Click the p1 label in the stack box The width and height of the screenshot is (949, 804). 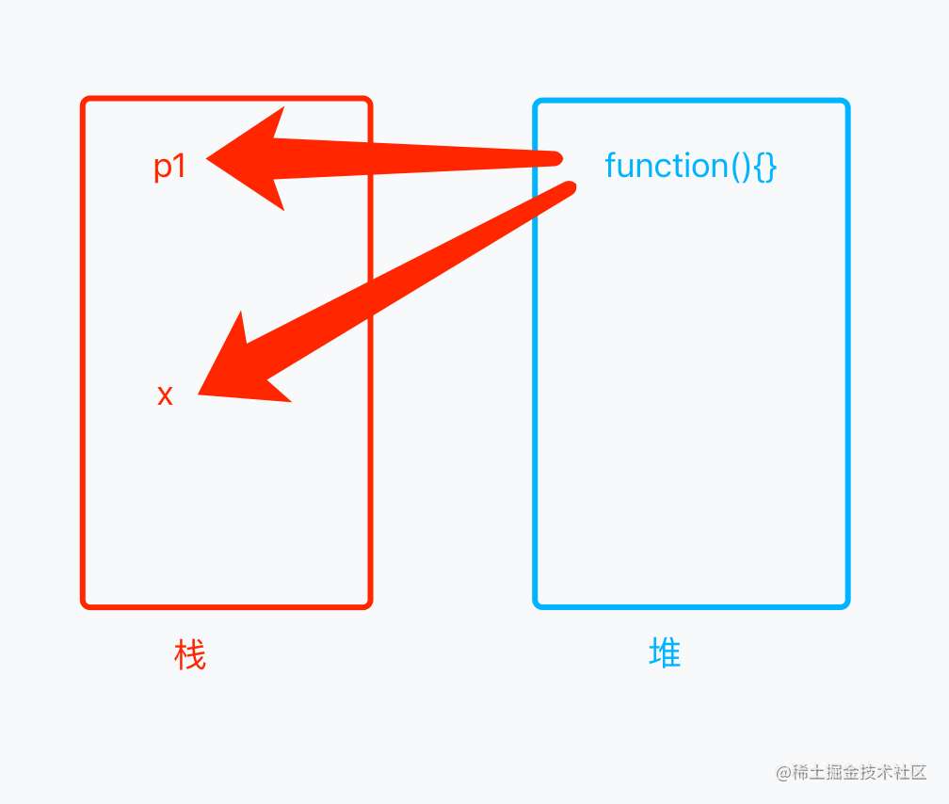coord(170,167)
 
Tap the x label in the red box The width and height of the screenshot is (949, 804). coord(165,395)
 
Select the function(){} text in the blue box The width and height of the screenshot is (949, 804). coord(690,166)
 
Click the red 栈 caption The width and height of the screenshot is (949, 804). coord(190,654)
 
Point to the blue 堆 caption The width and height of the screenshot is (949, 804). coord(665,652)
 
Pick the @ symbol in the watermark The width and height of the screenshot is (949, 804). coord(783,773)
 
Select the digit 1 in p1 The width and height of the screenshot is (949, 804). coord(180,167)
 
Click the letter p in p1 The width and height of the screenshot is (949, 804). coord(163,169)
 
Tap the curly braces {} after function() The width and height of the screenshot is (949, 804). coord(764,167)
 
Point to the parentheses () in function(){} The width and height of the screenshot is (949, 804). coord(741,167)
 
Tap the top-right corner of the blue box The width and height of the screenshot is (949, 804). coord(846,102)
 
